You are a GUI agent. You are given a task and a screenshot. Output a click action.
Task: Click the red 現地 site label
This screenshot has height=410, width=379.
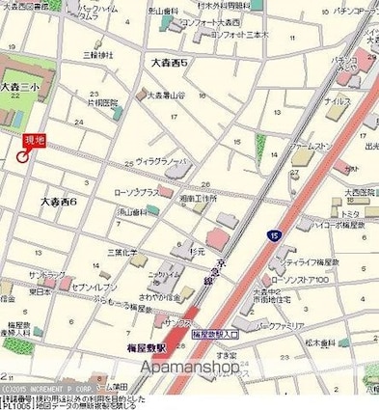35,139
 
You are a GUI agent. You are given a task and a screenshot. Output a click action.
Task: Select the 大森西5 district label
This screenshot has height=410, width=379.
170,63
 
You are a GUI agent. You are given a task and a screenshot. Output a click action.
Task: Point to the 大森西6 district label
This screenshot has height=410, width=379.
59,202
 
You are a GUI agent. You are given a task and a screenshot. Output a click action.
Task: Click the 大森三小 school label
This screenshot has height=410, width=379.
17,87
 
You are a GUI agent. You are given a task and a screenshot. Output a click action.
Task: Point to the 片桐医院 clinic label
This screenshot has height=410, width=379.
103,101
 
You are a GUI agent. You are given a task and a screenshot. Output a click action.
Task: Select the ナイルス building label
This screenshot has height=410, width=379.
337,100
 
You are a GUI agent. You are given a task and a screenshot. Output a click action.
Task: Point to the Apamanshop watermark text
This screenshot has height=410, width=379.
191,367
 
